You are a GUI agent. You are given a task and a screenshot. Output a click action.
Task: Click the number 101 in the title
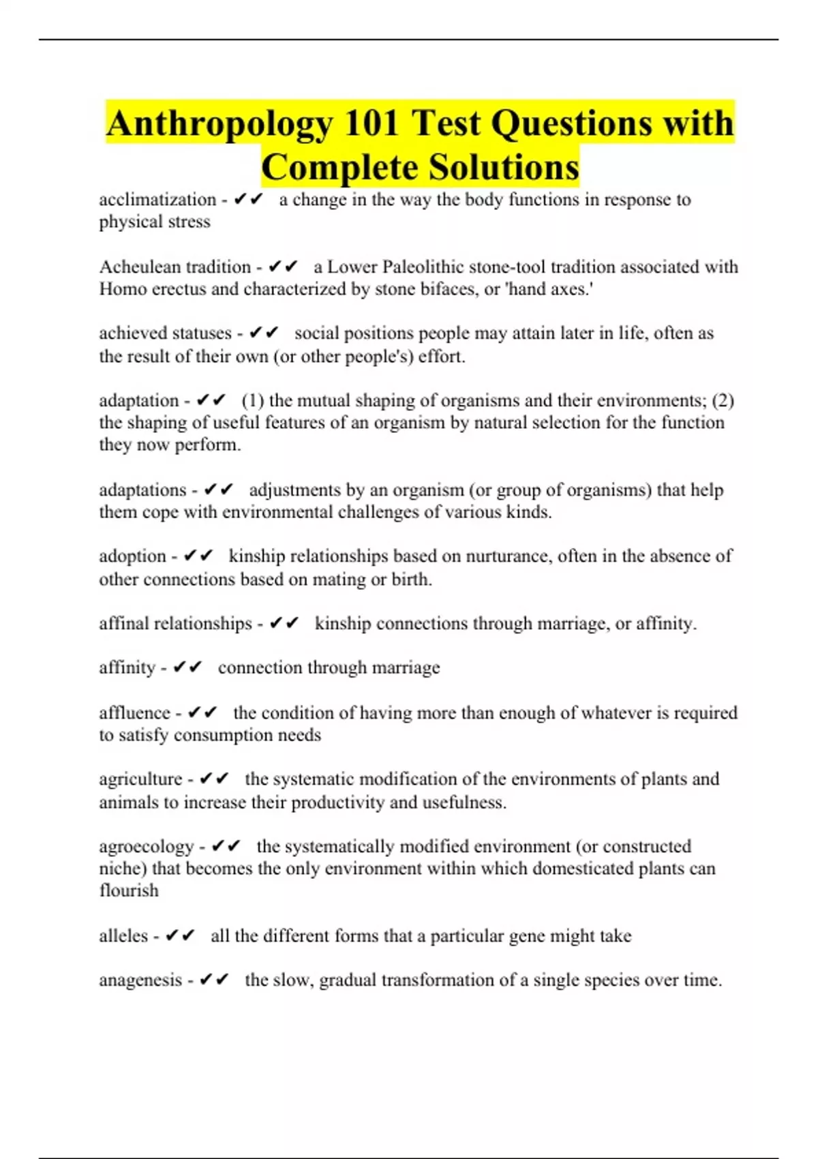tap(371, 123)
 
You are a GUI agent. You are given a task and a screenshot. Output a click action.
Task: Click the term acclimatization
tap(157, 200)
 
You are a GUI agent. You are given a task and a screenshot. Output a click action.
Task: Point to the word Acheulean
tap(140, 267)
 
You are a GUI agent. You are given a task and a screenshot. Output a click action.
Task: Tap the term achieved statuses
tap(165, 333)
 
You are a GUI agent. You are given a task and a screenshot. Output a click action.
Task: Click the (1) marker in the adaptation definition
tap(253, 400)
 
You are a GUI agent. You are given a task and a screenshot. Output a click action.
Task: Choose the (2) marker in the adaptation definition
tap(723, 400)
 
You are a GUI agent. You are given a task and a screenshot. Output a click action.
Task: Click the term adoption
tap(132, 556)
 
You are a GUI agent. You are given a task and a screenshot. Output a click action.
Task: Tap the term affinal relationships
tap(175, 624)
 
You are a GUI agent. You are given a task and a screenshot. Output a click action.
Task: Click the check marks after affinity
tap(188, 667)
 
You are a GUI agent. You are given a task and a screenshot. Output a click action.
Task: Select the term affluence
tap(134, 713)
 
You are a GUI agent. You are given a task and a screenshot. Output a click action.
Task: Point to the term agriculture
tap(140, 779)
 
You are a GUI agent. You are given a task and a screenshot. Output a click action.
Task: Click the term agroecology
tap(147, 847)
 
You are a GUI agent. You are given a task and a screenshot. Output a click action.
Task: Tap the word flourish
tap(129, 891)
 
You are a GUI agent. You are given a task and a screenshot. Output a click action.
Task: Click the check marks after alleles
tap(181, 936)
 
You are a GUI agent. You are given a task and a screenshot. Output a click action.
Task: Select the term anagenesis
tap(140, 980)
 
